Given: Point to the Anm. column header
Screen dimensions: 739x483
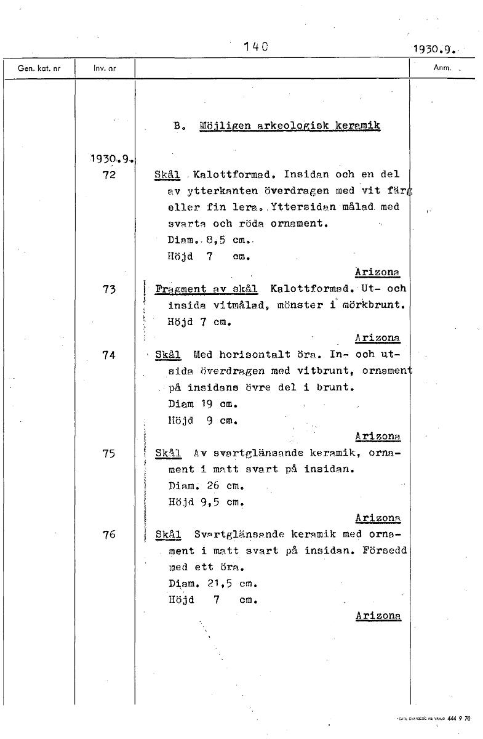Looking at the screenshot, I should [442, 69].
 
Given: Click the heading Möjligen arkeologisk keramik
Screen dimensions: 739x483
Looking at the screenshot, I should [290, 126].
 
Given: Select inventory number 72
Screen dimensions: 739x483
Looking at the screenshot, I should [109, 175].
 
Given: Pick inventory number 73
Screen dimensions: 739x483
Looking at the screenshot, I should [109, 289].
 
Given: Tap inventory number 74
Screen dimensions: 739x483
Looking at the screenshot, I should [109, 355].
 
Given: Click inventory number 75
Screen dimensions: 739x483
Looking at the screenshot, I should [109, 453].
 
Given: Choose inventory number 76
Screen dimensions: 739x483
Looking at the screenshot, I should [109, 535].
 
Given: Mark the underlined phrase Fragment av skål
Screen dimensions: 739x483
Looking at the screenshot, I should [207, 289].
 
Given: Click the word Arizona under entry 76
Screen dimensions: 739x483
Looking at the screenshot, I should [378, 615].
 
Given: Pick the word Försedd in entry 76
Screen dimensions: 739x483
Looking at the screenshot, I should [383, 551].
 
